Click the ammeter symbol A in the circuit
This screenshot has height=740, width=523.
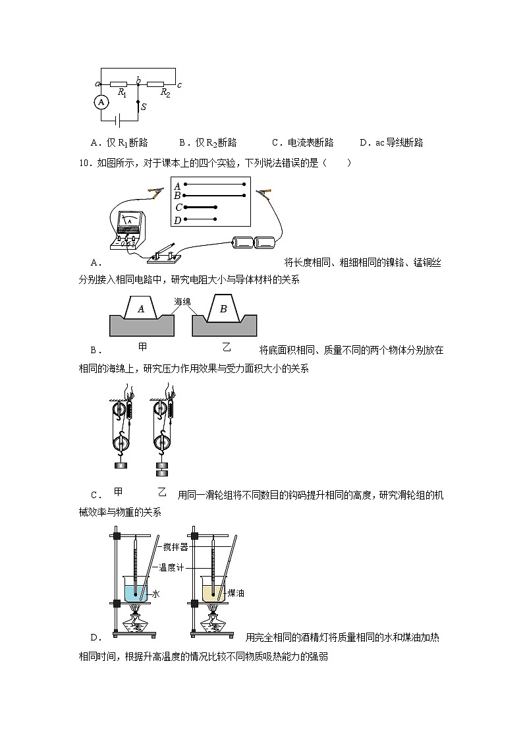[x=101, y=102]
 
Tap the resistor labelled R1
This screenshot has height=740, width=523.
[x=119, y=84]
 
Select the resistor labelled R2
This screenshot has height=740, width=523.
[x=156, y=84]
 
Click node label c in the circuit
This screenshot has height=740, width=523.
[x=179, y=85]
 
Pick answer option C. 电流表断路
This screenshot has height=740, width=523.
[x=302, y=142]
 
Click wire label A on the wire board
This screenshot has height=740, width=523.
[x=177, y=186]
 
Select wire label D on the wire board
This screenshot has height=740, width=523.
[x=177, y=219]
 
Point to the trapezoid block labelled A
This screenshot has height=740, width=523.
[x=140, y=308]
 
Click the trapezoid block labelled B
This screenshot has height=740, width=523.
[x=223, y=308]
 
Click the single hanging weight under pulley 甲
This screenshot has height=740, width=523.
[x=121, y=466]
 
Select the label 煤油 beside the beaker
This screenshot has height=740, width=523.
[x=236, y=594]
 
